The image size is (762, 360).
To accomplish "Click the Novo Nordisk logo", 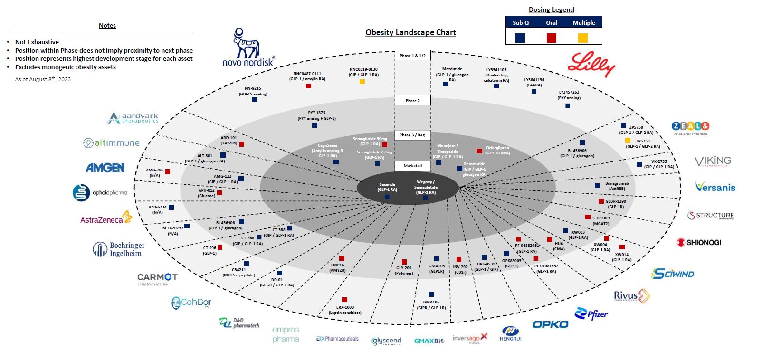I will point(248,48).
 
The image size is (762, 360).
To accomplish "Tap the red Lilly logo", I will point(591,64).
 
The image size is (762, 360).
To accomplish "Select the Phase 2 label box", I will point(412,101).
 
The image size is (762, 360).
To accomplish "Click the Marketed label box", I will point(412,166).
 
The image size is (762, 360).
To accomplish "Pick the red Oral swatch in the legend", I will point(551,38).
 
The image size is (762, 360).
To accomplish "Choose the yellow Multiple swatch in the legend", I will point(582,38).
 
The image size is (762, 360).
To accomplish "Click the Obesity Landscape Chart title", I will point(410,32).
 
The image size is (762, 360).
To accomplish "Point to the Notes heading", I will point(107,26).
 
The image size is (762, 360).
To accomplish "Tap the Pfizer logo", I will point(591,314).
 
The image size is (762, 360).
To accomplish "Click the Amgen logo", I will point(105,168).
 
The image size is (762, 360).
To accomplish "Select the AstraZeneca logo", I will point(106,218).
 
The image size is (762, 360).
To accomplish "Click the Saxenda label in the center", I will point(387,187).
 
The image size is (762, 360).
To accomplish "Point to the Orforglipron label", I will point(497,150).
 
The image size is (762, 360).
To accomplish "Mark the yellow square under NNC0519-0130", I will point(362,82).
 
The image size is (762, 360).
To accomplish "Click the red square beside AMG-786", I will point(167,171).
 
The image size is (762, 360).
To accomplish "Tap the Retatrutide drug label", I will point(474,169).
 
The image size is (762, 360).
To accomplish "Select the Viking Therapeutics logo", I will point(713,161).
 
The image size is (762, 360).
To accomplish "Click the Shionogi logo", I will point(699,242).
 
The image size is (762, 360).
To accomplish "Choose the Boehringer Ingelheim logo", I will point(119,249).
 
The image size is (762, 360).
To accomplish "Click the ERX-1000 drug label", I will point(345,310).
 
